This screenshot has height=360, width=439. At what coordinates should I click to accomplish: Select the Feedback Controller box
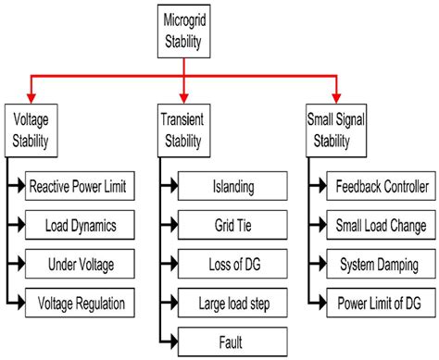tap(379, 187)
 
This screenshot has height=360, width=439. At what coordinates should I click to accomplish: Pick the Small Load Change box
tap(379, 225)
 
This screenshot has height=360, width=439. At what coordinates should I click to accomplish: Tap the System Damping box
tap(379, 264)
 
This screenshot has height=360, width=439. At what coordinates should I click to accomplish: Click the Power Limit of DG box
tap(379, 302)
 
